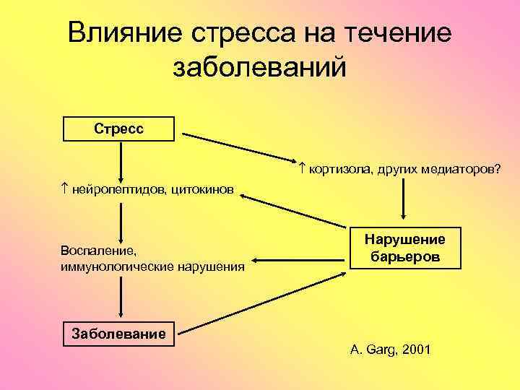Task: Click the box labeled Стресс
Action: [x=119, y=129]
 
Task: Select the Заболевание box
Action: [x=119, y=334]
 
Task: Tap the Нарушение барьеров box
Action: [x=405, y=248]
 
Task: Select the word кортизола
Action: [x=338, y=169]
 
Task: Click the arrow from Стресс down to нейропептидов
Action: [x=119, y=160]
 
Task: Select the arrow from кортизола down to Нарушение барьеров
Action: [x=403, y=199]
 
